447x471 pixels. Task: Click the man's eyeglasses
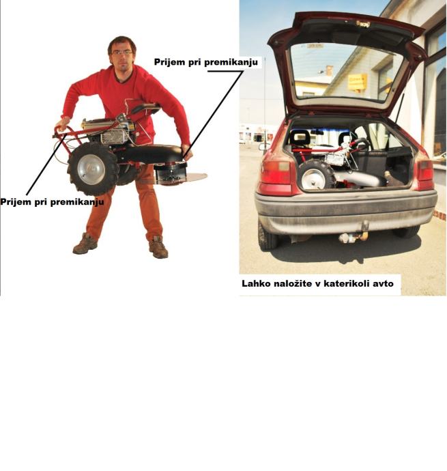(x=122, y=53)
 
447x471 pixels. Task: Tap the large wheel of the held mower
(x=93, y=169)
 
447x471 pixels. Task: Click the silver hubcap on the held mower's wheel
(x=91, y=170)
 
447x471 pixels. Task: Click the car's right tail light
(x=425, y=174)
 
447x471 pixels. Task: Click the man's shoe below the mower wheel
(x=85, y=244)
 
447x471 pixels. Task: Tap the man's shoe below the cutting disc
(x=158, y=248)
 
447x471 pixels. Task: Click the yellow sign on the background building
(x=357, y=83)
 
